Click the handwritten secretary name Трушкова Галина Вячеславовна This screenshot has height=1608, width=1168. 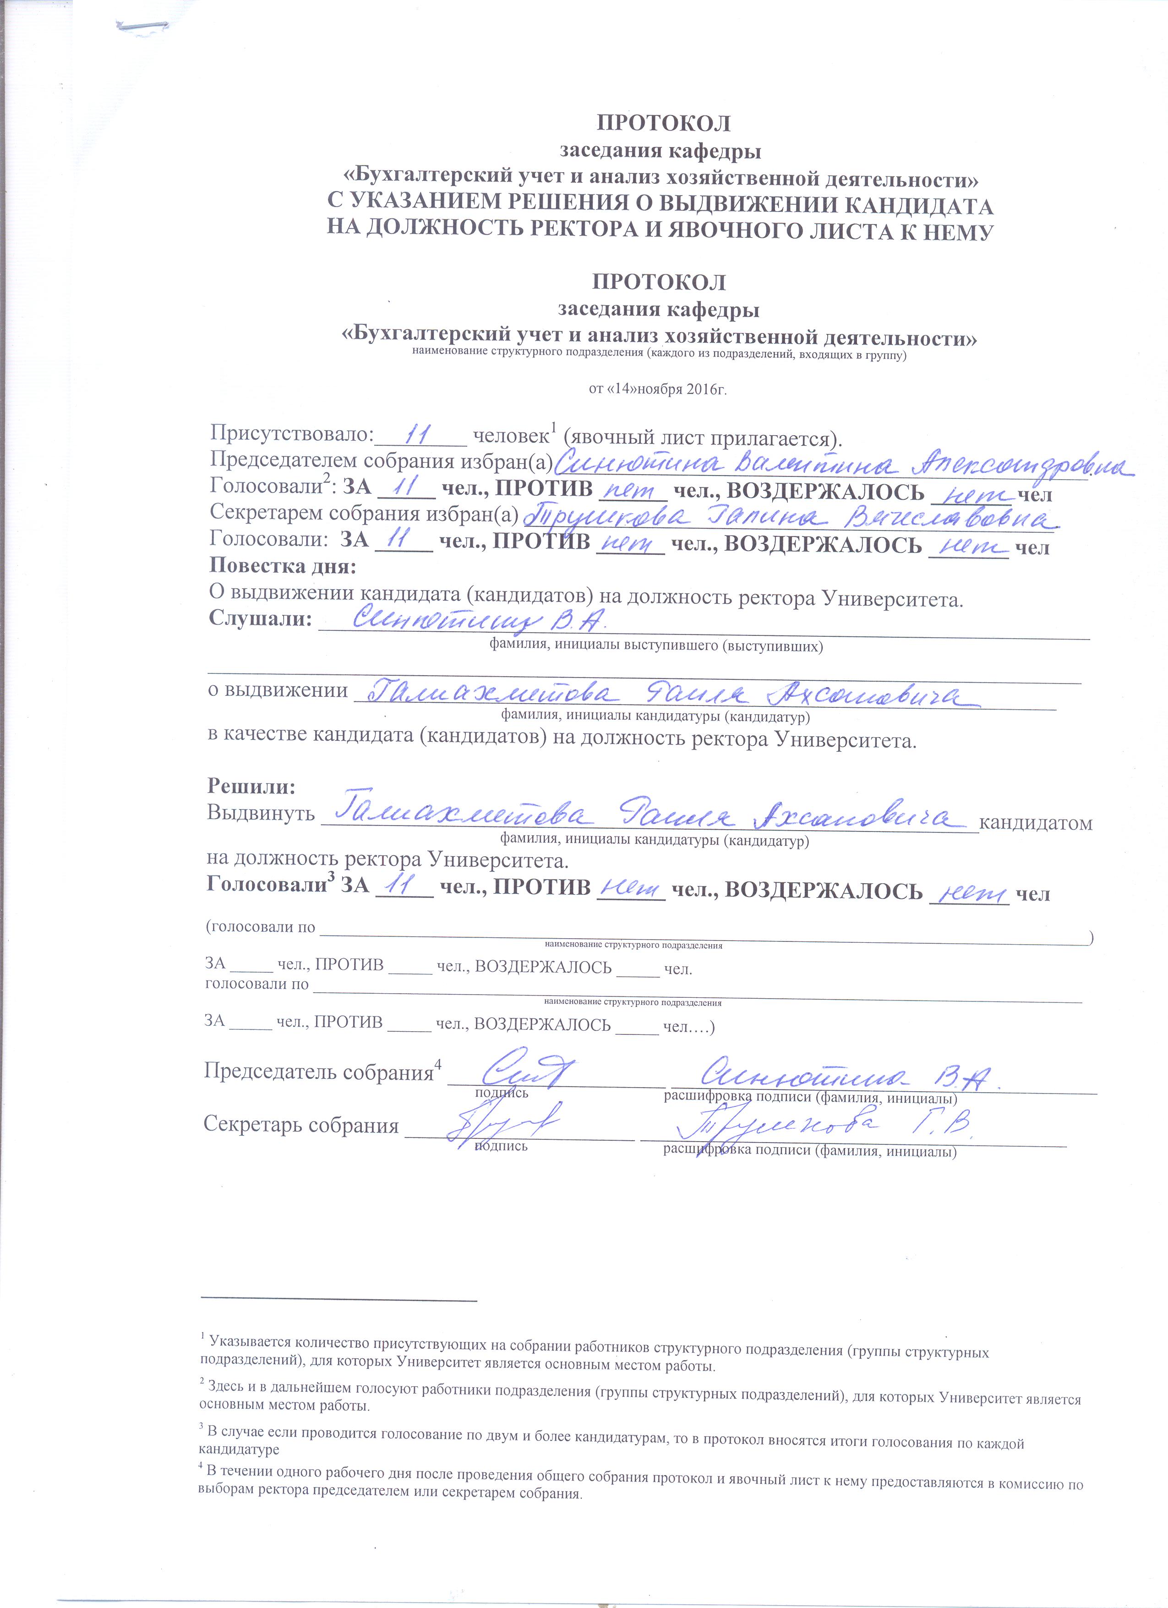pos(790,517)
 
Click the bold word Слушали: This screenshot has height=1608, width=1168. pos(260,619)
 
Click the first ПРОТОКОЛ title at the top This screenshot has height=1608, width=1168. pos(663,123)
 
